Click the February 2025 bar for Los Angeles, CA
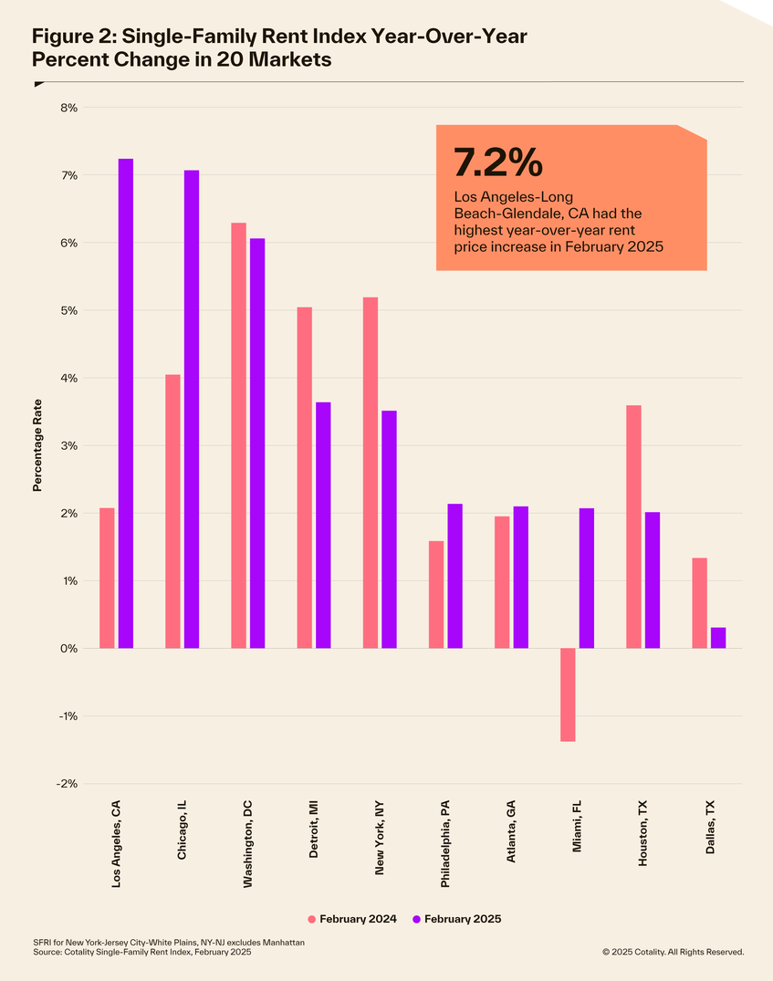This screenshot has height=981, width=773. pos(126,403)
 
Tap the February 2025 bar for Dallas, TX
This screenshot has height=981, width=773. pos(718,638)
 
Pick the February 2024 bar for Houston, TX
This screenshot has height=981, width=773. pos(633,527)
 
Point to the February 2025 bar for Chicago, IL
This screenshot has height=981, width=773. pos(192,409)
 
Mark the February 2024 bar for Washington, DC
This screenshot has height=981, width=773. pos(238,435)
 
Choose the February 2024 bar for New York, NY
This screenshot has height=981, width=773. pos(370,473)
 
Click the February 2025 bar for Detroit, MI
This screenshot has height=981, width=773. pos(323,525)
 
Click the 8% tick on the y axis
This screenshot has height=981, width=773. pos(69,108)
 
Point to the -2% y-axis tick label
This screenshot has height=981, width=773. pos(68,784)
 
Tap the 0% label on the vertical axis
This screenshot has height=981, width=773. pos(69,649)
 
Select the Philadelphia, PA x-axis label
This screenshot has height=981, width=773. pos(445,843)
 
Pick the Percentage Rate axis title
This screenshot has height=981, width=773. pos(37,445)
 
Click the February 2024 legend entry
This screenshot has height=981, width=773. pos(352,919)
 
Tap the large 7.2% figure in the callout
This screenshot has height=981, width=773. pos(498,163)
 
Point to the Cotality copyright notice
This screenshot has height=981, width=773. pos(673,952)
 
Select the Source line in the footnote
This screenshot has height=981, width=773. pos(142,952)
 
